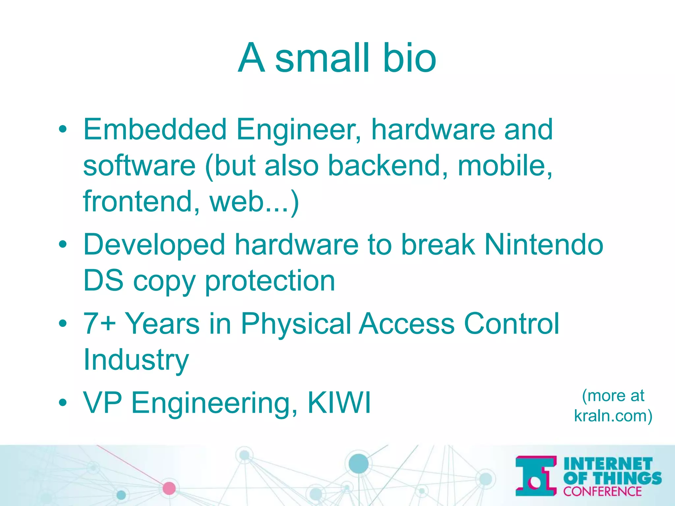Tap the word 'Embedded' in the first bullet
click(x=155, y=129)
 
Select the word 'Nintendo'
click(x=544, y=245)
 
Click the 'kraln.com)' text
click(x=613, y=416)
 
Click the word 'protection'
click(x=270, y=281)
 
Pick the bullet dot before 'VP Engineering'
click(x=63, y=403)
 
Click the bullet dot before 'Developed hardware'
click(x=63, y=245)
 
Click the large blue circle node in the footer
click(x=358, y=463)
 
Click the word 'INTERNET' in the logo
click(x=608, y=464)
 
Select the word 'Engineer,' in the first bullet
click(x=299, y=129)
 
